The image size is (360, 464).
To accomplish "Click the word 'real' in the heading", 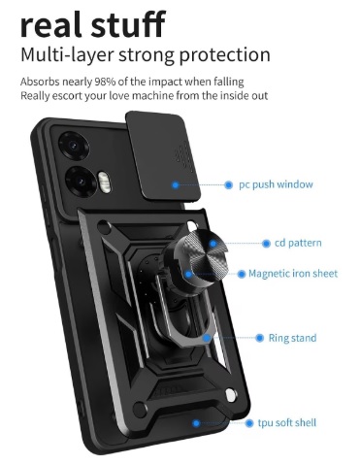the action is point(52,24).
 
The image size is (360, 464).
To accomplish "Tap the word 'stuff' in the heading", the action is point(128,23).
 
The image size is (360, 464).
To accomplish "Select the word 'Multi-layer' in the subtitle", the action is point(67,55).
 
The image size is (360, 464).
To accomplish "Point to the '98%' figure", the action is point(105,82).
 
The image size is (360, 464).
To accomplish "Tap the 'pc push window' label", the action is point(276,184).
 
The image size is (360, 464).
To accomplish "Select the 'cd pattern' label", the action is point(298,243).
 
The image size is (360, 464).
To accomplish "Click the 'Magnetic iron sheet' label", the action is point(293,274).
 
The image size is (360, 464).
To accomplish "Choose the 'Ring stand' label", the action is point(292,338).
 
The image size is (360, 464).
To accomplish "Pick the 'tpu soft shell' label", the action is point(287,423).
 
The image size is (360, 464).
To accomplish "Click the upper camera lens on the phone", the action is point(74,146).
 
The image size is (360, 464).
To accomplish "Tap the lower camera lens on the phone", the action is point(80,182).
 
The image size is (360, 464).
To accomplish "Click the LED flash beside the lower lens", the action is point(103,182).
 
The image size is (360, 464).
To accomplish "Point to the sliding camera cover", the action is point(162,156).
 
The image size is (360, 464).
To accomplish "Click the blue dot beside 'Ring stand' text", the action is point(259,338).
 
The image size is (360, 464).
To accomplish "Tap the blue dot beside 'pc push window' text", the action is point(229,185).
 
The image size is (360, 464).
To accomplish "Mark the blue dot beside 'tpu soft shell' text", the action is point(249,423).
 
